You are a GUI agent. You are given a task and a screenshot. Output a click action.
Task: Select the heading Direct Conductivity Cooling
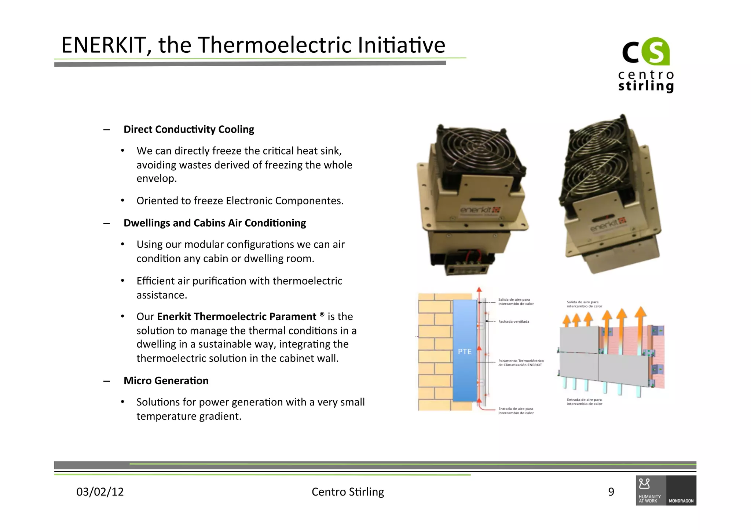coord(188,129)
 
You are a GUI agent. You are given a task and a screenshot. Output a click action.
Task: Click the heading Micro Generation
coord(166,381)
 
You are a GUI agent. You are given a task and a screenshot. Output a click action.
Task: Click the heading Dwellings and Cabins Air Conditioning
coord(215,223)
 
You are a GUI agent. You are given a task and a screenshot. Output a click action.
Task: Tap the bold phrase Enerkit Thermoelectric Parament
coord(237,316)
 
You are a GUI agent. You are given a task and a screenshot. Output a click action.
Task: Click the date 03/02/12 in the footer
coord(100,492)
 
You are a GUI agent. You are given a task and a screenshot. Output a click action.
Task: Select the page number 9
coord(611,492)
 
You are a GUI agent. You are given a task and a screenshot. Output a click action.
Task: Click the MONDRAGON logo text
coord(681,501)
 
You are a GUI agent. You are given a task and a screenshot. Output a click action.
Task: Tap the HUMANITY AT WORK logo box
coord(651,491)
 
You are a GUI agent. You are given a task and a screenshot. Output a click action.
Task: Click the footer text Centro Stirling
coord(348,492)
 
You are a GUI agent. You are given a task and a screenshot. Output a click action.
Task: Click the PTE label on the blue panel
coord(465,352)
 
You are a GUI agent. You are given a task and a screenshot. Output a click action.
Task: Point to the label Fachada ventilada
coord(513,322)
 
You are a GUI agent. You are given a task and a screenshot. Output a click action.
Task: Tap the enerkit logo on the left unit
coord(480,210)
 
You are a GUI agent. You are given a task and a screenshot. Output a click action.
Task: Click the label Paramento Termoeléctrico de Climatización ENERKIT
coord(520,363)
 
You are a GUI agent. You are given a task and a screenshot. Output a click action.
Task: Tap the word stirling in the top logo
coord(646,86)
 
